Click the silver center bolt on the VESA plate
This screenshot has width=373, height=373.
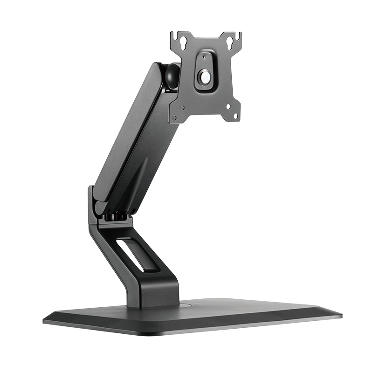pyautogui.click(x=205, y=76)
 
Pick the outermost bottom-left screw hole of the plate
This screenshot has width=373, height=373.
pyautogui.click(x=174, y=118)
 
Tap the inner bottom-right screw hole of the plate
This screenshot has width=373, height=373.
pyautogui.click(x=228, y=106)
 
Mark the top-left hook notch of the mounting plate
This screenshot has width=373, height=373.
pyautogui.click(x=173, y=35)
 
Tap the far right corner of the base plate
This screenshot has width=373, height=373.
pyautogui.click(x=339, y=315)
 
